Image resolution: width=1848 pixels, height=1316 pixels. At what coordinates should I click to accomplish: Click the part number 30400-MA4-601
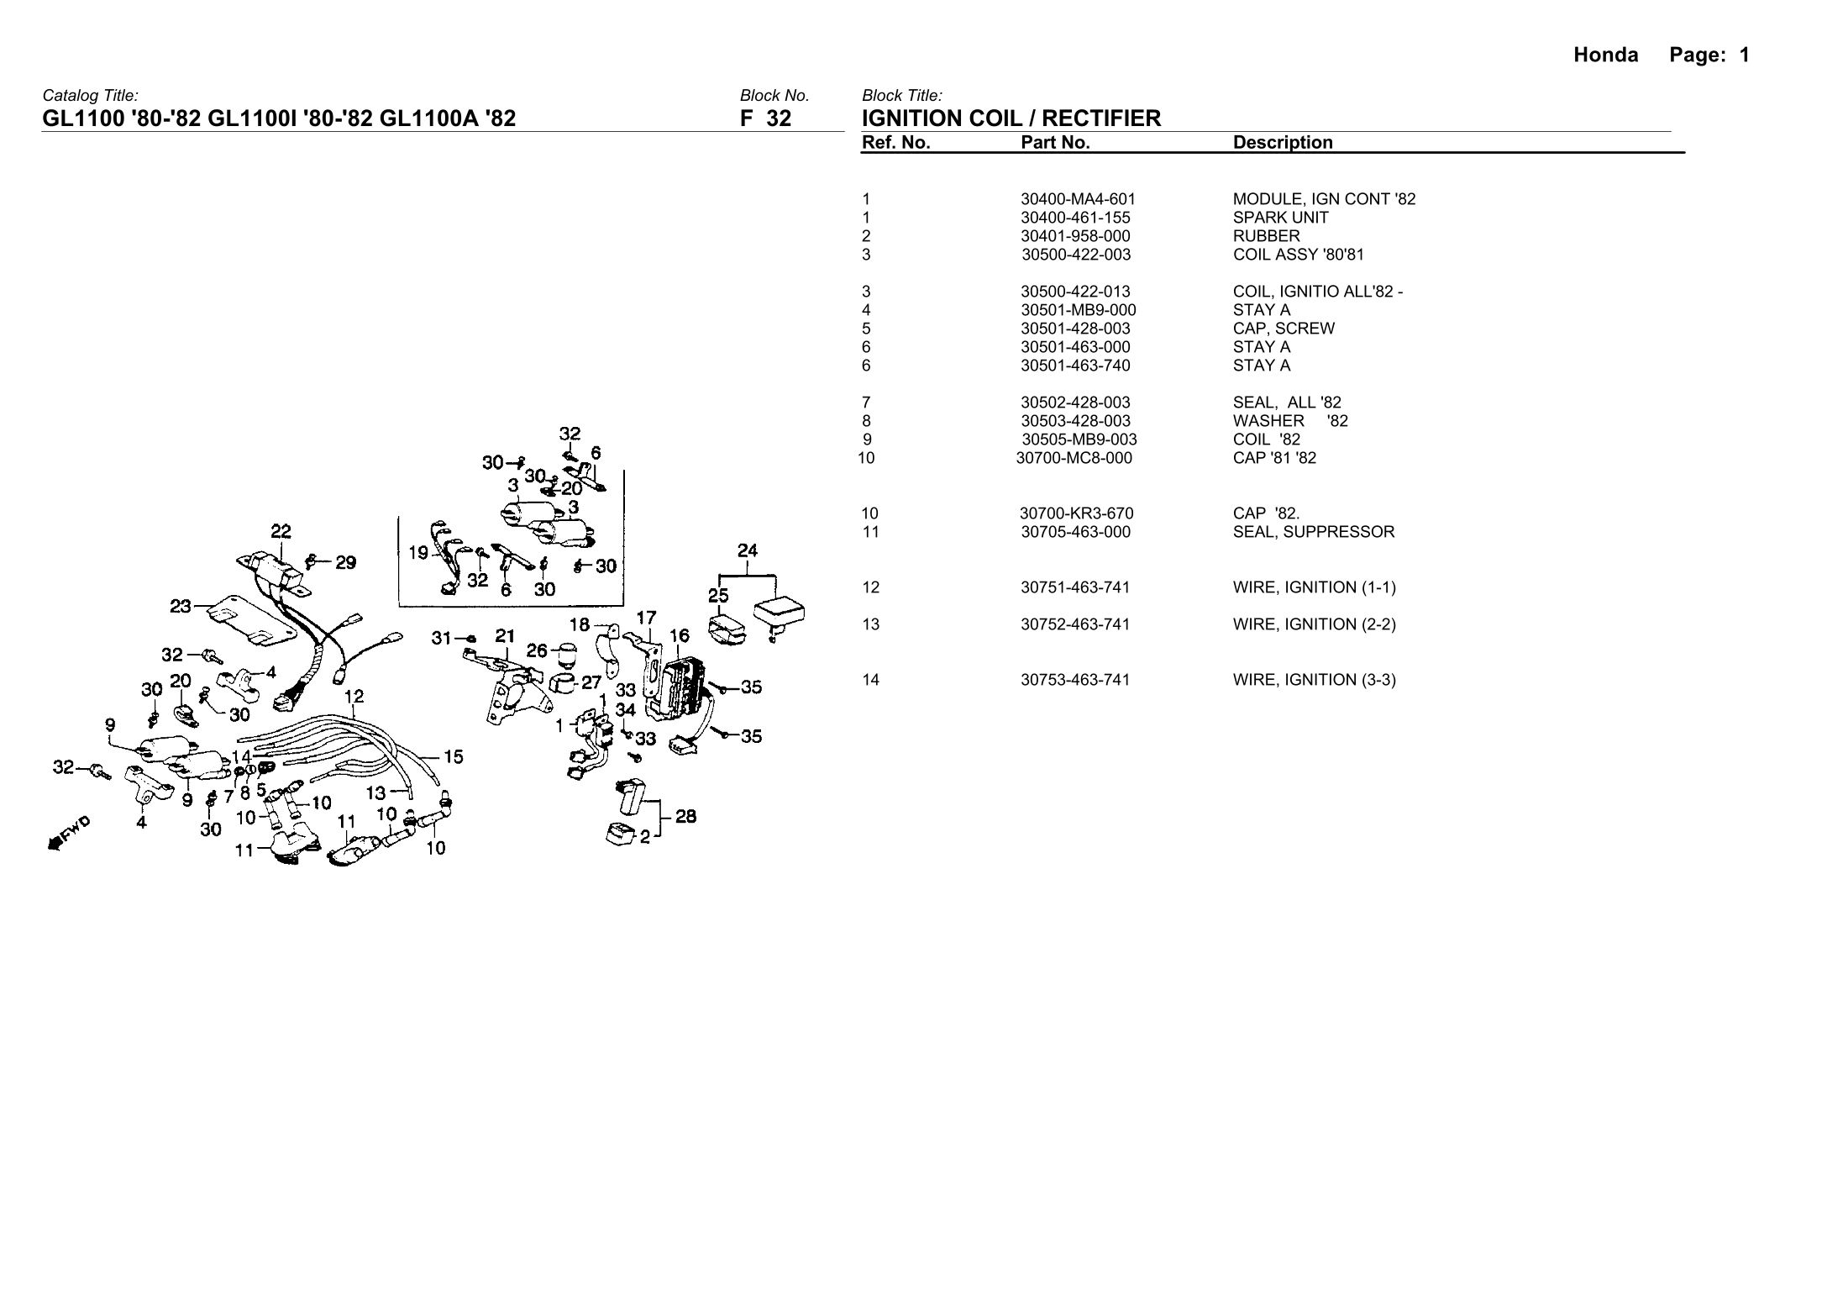tap(1078, 199)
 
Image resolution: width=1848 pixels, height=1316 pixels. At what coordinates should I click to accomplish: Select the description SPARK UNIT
tap(1280, 218)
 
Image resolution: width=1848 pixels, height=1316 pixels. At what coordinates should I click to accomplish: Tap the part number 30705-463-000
tap(1075, 532)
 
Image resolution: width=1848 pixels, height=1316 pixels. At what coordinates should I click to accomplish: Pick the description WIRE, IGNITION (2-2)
tap(1314, 624)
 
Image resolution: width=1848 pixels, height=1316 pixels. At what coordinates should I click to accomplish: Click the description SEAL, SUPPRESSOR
tap(1313, 532)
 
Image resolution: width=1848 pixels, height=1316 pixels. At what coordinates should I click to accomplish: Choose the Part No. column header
tap(1055, 143)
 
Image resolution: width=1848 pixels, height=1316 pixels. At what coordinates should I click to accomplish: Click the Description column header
tap(1283, 143)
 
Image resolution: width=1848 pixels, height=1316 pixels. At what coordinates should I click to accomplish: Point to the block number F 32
tap(765, 118)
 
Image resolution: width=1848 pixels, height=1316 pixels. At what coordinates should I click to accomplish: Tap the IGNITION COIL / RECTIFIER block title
tap(1011, 118)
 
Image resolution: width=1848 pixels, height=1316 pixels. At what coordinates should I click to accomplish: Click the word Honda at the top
tap(1605, 55)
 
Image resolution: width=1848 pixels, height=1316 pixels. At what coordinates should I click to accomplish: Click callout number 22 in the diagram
tap(281, 531)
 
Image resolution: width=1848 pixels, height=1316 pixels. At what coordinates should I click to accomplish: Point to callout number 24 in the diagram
tap(747, 550)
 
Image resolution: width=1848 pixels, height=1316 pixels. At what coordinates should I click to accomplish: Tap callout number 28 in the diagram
tap(685, 816)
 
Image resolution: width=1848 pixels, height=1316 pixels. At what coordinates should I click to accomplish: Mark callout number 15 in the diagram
tap(453, 757)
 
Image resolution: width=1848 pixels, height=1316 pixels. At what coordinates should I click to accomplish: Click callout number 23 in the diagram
tap(181, 605)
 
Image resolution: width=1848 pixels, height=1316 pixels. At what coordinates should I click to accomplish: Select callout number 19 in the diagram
tap(418, 553)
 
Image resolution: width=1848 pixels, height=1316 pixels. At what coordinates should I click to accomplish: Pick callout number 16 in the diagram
tap(679, 636)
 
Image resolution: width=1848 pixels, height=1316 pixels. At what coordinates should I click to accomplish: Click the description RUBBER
tap(1266, 236)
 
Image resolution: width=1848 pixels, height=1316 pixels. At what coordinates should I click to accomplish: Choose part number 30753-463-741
tap(1075, 680)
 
